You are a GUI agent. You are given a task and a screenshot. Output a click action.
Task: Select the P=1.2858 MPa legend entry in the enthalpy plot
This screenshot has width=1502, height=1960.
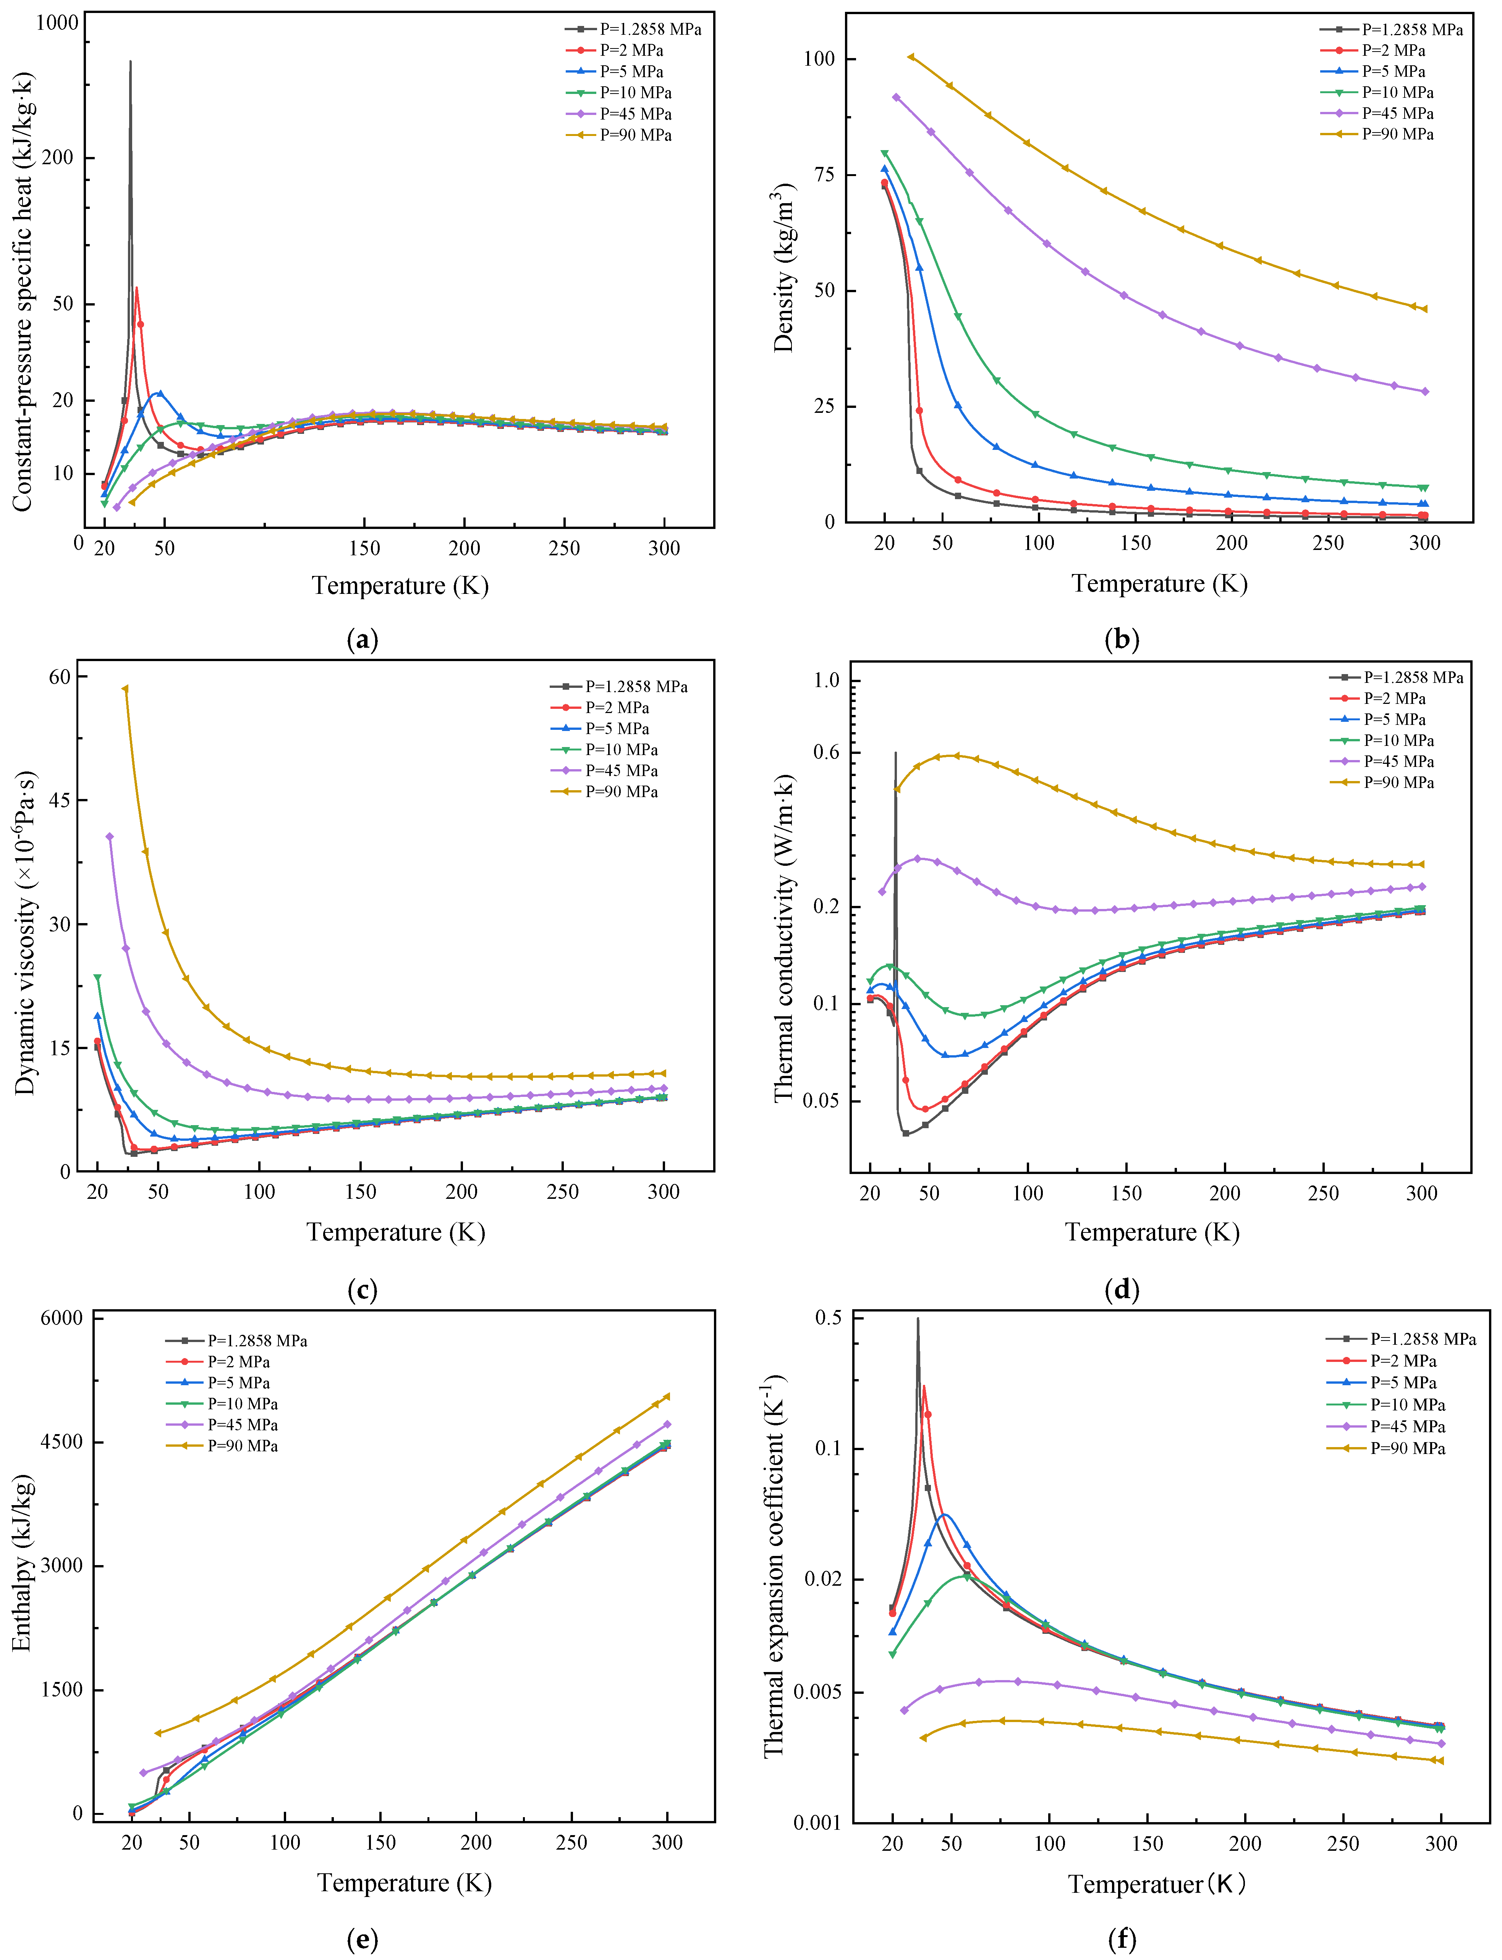tap(257, 1341)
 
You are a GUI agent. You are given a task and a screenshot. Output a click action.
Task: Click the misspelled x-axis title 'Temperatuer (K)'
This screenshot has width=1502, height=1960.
tap(1156, 1884)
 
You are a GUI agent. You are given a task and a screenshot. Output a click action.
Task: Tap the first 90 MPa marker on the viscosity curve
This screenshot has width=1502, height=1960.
tap(125, 689)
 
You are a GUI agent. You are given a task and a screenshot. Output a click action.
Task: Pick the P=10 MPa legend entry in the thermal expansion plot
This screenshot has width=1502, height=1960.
tap(1407, 1405)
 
